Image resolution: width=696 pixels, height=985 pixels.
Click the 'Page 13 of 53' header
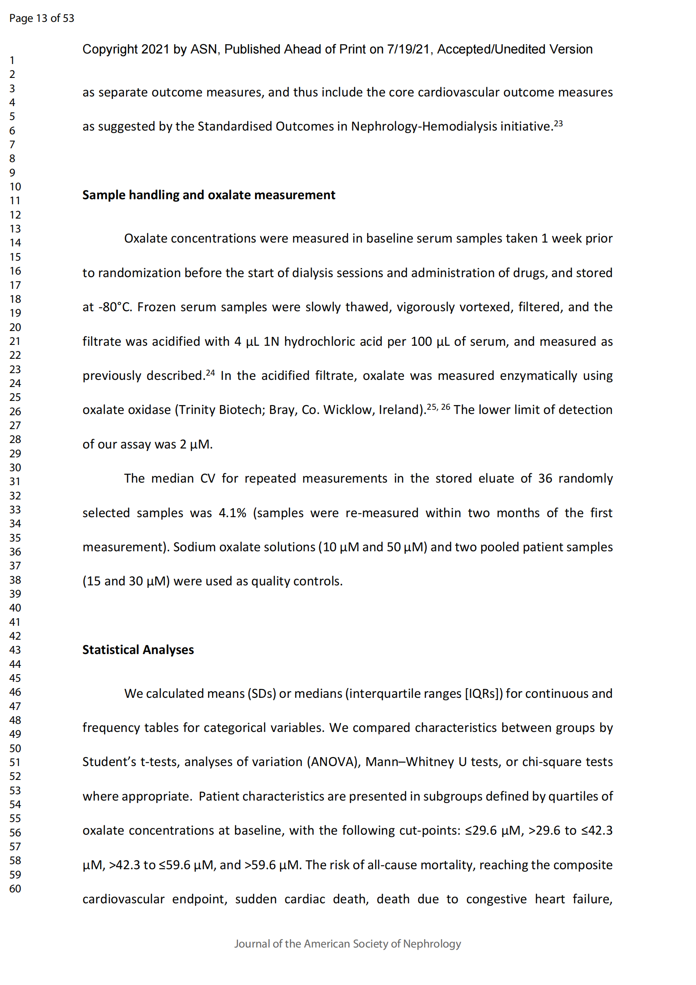[42, 18]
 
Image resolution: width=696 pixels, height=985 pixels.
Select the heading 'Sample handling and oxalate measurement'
[208, 195]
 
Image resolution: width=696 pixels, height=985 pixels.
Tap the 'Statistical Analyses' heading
[138, 650]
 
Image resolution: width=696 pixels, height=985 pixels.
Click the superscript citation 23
[558, 123]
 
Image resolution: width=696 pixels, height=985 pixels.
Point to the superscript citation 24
[210, 373]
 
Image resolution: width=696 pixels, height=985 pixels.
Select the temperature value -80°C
[115, 307]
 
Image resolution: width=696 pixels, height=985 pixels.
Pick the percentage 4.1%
[232, 513]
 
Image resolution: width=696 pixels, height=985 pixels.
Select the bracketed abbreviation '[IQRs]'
[483, 694]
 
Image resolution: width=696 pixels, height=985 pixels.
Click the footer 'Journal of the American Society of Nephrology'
[348, 944]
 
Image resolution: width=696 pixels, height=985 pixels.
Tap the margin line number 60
[15, 889]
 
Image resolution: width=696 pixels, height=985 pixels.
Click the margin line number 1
[12, 60]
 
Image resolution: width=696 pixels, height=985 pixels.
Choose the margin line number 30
[15, 467]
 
